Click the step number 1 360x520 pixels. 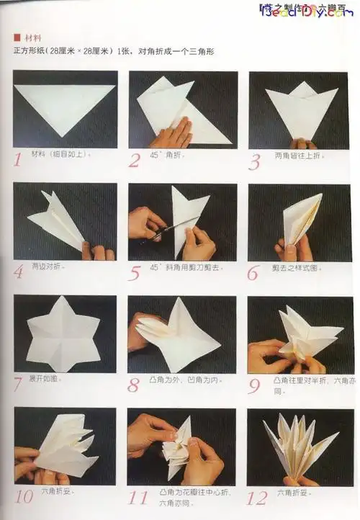(17, 158)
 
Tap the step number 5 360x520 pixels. (135, 274)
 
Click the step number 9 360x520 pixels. (254, 385)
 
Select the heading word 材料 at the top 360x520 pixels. (32, 38)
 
